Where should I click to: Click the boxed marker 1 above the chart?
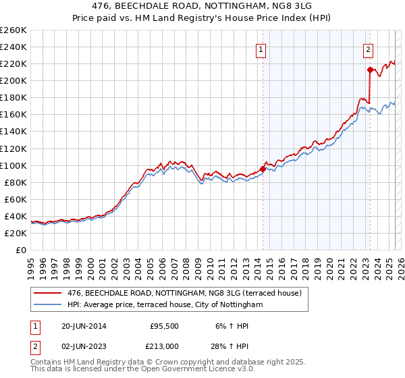(261, 49)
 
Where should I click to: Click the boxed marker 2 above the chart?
(369, 49)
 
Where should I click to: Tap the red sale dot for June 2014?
(263, 169)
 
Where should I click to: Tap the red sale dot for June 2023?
(370, 70)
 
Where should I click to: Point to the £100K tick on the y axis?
(15, 165)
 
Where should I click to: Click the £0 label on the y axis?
(21, 250)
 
